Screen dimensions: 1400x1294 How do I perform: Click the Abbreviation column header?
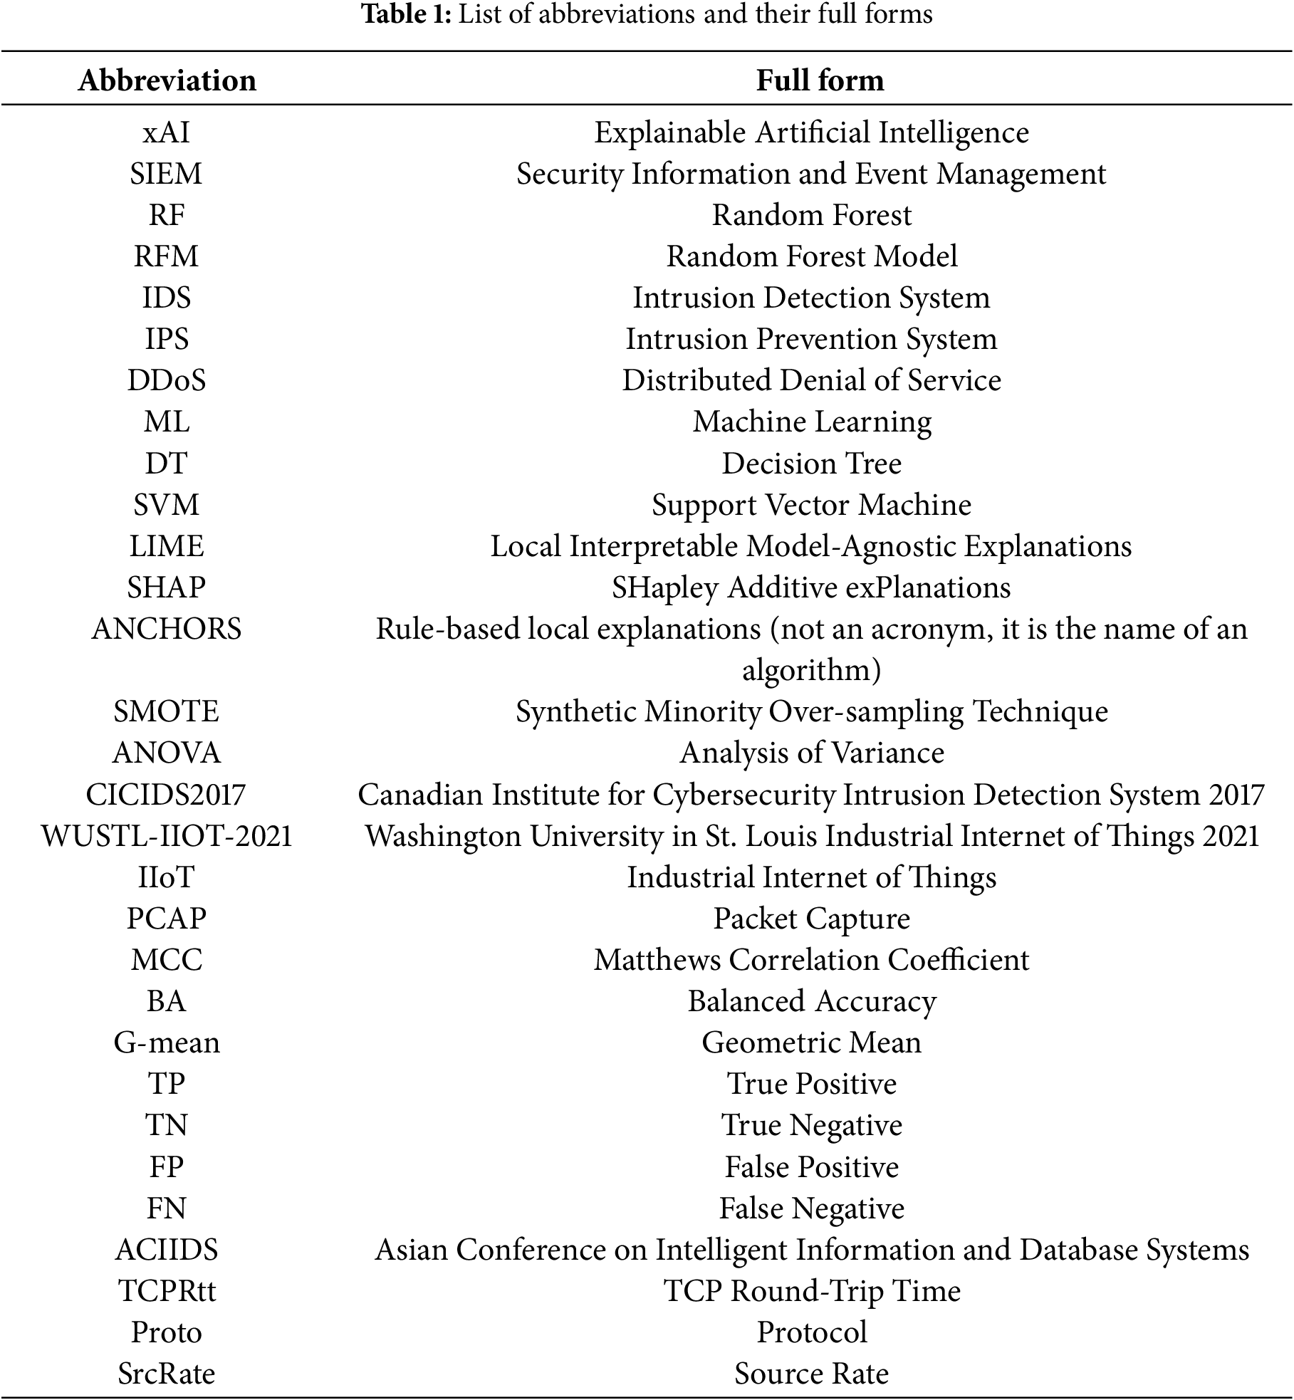coord(167,80)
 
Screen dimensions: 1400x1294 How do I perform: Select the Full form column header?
coord(820,80)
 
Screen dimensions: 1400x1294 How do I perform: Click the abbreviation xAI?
coord(167,132)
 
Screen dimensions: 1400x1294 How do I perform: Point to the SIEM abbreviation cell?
coord(167,174)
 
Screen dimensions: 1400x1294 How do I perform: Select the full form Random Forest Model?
coord(812,256)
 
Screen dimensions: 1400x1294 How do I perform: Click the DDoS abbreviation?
coord(167,380)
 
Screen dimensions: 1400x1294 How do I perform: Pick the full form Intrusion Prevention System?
coord(811,339)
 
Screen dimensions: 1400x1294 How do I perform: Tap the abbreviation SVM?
coord(167,505)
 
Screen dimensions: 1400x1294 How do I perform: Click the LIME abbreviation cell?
coord(167,546)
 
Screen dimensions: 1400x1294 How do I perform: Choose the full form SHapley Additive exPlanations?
coord(811,587)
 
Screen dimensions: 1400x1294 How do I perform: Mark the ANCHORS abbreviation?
coord(167,629)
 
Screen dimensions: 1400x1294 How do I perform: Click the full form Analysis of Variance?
coord(812,753)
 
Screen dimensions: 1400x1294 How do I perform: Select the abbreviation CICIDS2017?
coord(166,794)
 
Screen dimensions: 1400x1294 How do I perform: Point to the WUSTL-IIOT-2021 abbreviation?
coord(167,835)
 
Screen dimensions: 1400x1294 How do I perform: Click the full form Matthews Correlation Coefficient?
coord(811,960)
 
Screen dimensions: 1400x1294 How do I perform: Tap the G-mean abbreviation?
coord(167,1043)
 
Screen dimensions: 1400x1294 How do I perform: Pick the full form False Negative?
coord(811,1208)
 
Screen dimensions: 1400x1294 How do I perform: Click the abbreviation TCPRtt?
coord(167,1291)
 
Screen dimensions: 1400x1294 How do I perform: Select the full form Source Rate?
coord(811,1374)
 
